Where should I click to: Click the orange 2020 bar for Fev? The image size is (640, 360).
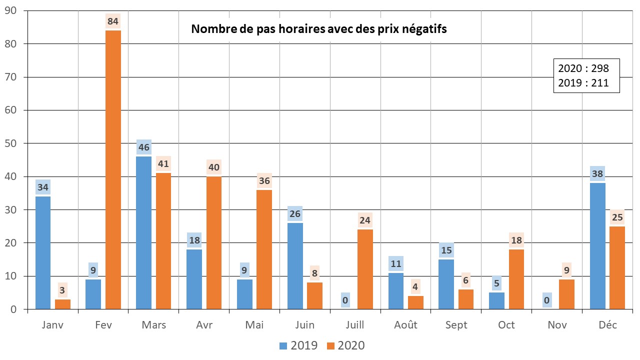click(113, 170)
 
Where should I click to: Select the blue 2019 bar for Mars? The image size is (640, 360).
click(143, 232)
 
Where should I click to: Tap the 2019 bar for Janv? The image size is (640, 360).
click(43, 252)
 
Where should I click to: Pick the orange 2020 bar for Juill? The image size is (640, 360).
click(365, 269)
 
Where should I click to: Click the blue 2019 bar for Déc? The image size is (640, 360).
click(597, 246)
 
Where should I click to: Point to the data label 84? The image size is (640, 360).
click(113, 22)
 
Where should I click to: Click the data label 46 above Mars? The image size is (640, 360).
click(143, 147)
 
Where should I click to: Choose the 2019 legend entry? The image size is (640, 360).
click(298, 345)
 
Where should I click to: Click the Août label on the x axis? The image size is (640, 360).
click(405, 325)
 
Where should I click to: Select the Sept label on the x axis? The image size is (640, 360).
click(456, 325)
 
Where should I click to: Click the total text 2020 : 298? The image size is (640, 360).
click(583, 68)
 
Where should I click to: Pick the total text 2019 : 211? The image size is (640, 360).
click(583, 83)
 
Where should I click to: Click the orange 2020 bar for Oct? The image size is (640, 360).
click(516, 279)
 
